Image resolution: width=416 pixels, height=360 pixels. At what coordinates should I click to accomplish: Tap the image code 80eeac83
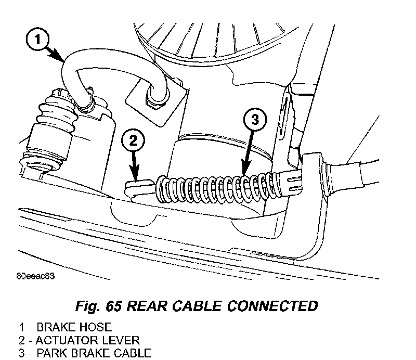tap(36, 276)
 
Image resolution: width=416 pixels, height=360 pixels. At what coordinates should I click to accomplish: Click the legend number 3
tap(21, 354)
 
